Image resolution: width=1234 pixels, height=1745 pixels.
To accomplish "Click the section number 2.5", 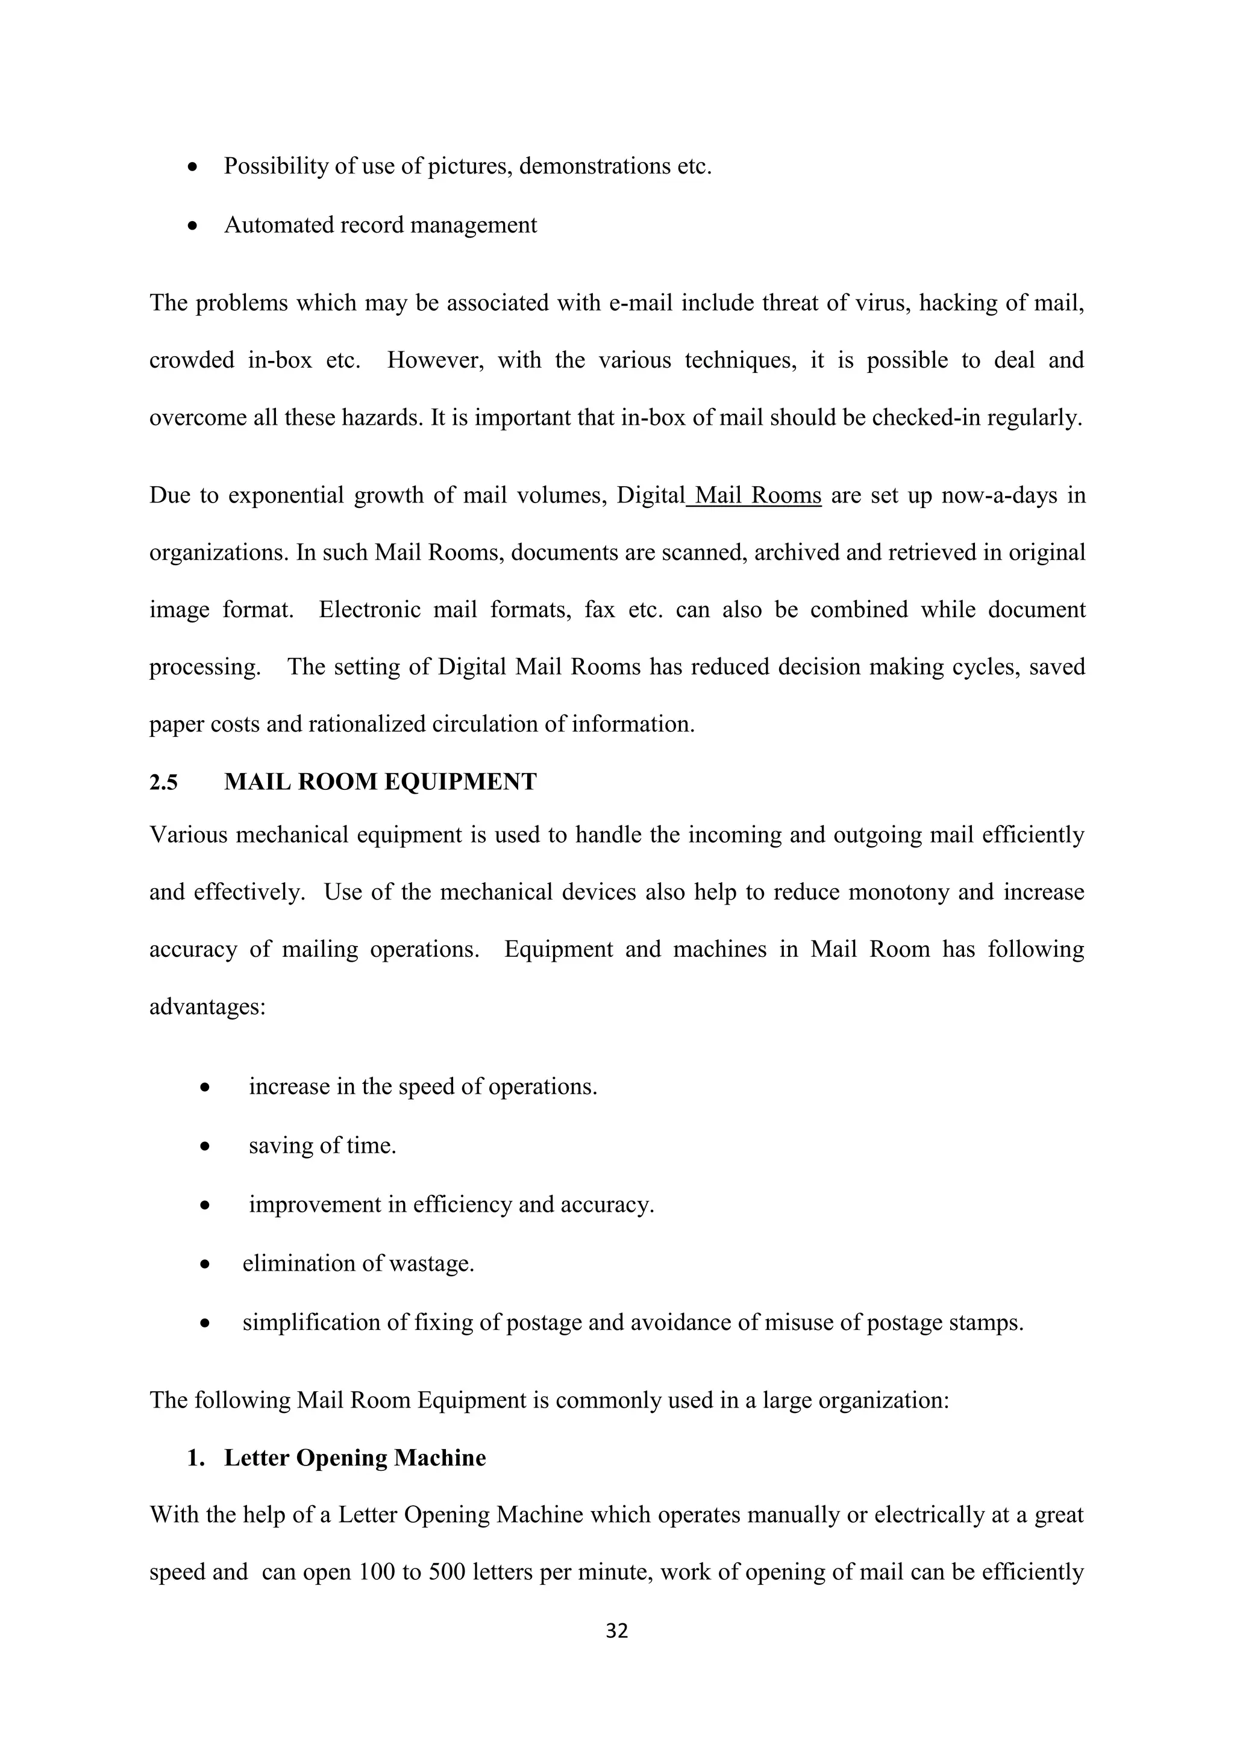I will (x=163, y=782).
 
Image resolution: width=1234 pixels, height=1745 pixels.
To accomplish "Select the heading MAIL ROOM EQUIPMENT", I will (x=380, y=782).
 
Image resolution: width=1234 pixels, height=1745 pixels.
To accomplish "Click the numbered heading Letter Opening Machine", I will (x=355, y=1458).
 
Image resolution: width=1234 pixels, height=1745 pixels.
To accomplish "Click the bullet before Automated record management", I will (x=195, y=227).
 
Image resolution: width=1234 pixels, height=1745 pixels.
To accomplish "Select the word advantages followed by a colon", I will (x=207, y=1007).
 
